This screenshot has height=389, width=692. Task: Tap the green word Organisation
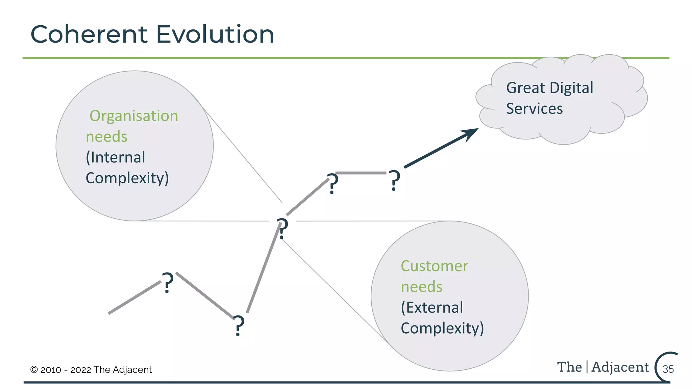point(134,116)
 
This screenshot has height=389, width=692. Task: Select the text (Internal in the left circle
point(116,158)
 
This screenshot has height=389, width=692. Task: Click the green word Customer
point(434,266)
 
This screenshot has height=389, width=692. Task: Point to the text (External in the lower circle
point(431,308)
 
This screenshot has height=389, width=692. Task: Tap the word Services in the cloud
point(534,109)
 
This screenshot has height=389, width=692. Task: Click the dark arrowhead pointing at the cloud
point(470,134)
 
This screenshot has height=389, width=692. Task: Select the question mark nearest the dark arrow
point(394,181)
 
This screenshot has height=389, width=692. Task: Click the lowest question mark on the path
point(239,326)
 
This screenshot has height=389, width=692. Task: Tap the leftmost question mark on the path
point(167,283)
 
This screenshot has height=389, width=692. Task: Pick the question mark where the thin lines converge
point(282,229)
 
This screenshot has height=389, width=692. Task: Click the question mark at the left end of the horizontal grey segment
point(332,184)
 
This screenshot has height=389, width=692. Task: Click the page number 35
point(668,369)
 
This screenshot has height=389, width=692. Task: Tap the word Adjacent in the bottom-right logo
point(620,367)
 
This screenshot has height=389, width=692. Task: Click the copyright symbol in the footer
point(34,370)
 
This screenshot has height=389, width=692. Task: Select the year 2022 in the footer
point(80,370)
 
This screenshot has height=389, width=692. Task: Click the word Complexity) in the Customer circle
point(442,328)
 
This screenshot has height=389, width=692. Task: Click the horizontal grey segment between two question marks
point(361,173)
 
